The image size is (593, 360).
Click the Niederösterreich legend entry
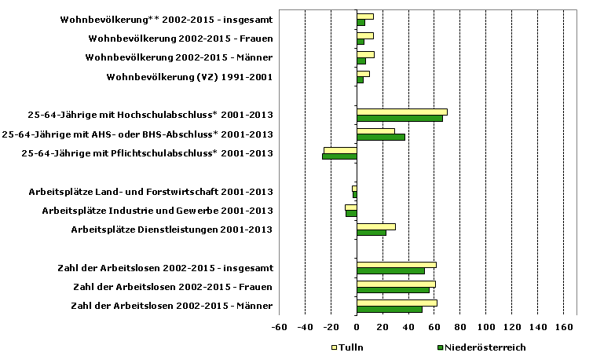[480, 347]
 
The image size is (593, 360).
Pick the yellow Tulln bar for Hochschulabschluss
[401, 112]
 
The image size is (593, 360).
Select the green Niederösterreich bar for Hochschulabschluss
[399, 119]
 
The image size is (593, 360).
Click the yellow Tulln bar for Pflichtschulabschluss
[340, 149]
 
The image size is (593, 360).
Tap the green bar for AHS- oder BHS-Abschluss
[381, 138]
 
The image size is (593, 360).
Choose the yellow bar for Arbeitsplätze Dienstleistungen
[375, 226]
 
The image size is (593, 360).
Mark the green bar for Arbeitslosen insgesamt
[390, 271]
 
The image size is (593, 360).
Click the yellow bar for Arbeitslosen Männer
[397, 303]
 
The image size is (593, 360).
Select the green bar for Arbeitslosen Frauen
[393, 290]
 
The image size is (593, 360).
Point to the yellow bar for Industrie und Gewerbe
[351, 207]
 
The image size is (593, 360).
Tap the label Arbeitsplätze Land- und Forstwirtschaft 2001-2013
[151, 192]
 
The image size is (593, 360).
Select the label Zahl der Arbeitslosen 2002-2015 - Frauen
[172, 286]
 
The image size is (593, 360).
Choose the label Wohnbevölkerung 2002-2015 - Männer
[180, 57]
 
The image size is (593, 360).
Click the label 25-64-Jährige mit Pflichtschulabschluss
[147, 153]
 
